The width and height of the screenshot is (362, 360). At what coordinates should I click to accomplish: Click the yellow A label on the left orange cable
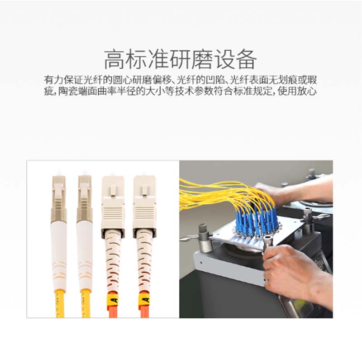coord(114,300)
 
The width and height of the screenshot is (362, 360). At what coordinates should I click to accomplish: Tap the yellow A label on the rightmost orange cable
coord(145,300)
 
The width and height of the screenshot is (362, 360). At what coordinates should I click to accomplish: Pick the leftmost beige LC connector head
coord(58,196)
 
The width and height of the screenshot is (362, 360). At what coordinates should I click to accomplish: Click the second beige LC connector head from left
coord(85,196)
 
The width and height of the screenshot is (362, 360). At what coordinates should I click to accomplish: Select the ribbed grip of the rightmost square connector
coord(144,213)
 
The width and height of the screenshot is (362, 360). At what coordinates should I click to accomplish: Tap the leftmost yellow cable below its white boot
coord(60,303)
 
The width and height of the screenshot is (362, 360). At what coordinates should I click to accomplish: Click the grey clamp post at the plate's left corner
coord(205,238)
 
